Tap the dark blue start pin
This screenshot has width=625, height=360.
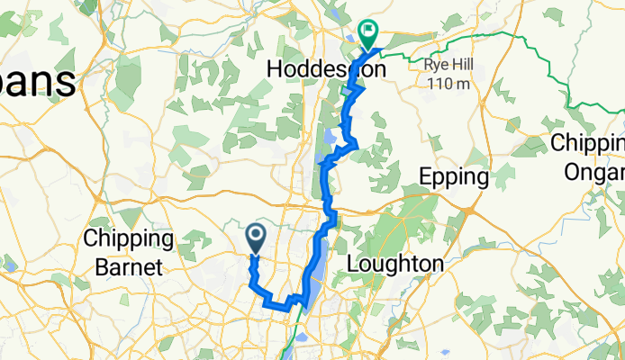click(255, 238)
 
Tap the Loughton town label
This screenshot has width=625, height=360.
click(395, 265)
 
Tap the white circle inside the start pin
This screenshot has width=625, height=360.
click(255, 235)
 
